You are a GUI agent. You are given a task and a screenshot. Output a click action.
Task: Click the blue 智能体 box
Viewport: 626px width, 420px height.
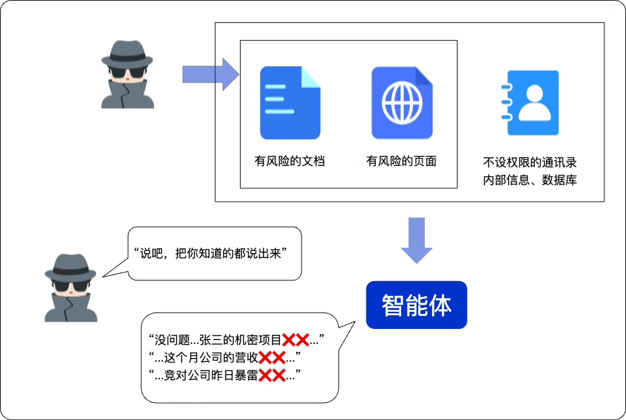(416, 305)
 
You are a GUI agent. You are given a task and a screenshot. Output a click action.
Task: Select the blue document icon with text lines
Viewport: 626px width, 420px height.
(290, 103)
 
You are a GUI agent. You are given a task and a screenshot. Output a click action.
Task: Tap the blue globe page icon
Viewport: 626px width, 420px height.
(402, 103)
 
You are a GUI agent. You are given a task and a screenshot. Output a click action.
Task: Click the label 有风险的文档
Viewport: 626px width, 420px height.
(290, 161)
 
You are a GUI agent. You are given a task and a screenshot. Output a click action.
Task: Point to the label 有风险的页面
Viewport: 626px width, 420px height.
(401, 161)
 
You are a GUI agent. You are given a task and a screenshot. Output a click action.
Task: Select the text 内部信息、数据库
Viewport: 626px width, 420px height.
(530, 180)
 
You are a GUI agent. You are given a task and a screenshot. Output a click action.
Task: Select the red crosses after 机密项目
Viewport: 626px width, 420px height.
(296, 339)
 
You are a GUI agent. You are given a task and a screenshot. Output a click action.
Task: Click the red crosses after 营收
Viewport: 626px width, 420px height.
(271, 358)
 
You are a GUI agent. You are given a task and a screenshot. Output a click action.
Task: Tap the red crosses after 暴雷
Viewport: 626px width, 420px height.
(271, 375)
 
